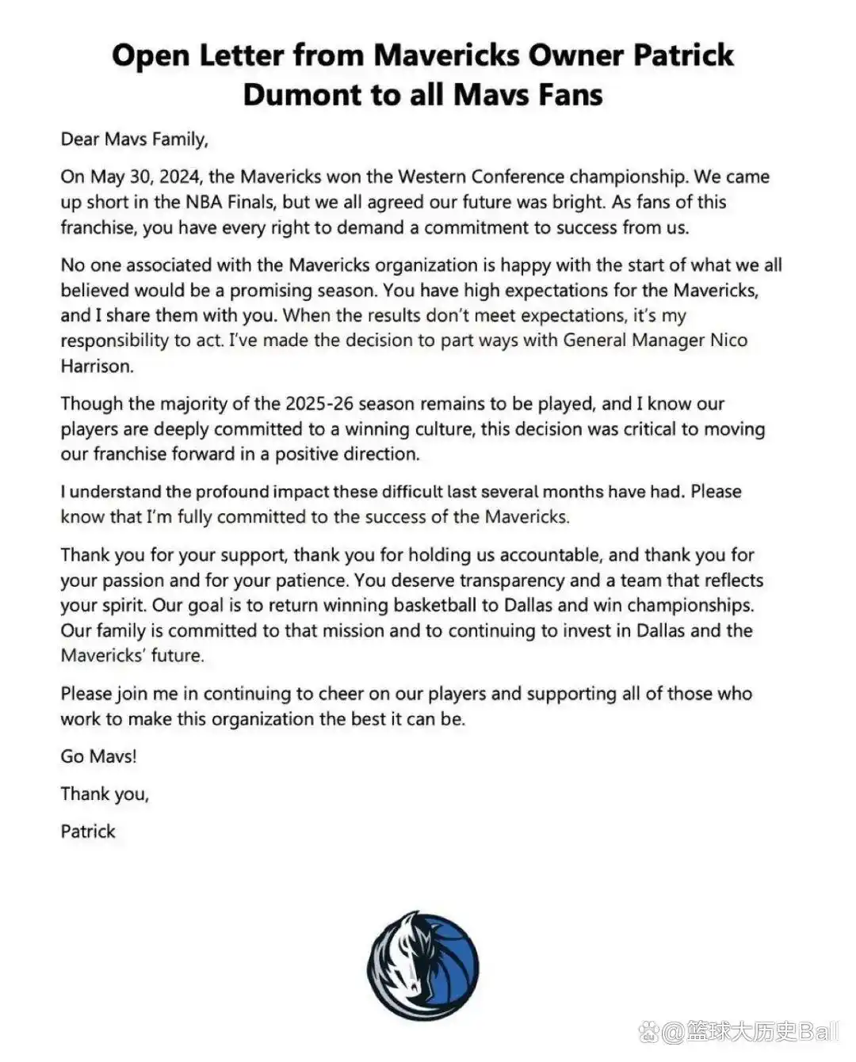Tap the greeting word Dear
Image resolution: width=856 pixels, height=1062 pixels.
coord(80,139)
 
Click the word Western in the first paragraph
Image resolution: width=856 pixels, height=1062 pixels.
coord(432,177)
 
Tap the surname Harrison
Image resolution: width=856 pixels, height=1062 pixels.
coord(96,366)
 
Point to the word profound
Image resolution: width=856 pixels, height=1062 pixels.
coord(231,492)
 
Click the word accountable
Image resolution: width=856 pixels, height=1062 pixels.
coord(548,555)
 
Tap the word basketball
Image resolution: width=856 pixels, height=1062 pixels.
coord(436,606)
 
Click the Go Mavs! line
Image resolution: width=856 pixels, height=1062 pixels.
coord(98,756)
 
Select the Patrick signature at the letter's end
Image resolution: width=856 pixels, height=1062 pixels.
coord(88,832)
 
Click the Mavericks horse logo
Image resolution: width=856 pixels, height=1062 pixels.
coord(423,965)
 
